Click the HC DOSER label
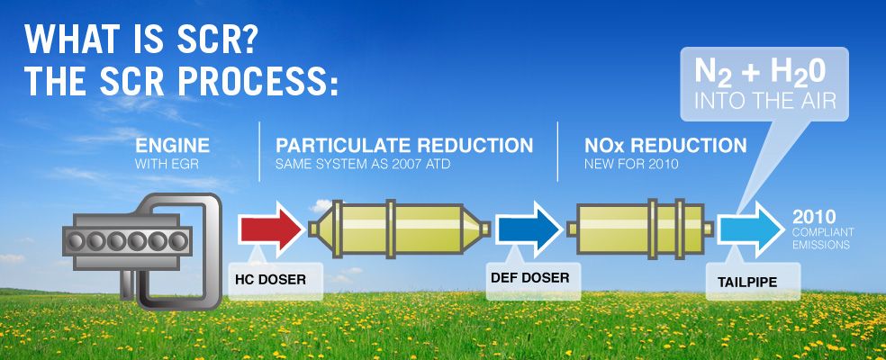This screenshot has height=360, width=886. pyautogui.click(x=270, y=280)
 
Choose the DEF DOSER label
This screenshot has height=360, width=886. pyautogui.click(x=529, y=278)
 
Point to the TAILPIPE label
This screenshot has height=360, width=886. pyautogui.click(x=746, y=281)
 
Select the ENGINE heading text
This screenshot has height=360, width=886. pyautogui.click(x=173, y=145)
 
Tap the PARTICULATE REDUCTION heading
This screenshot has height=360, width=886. pyautogui.click(x=404, y=145)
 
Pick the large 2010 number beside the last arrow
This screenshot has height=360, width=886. pyautogui.click(x=815, y=217)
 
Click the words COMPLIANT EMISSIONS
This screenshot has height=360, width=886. pyautogui.click(x=823, y=238)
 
